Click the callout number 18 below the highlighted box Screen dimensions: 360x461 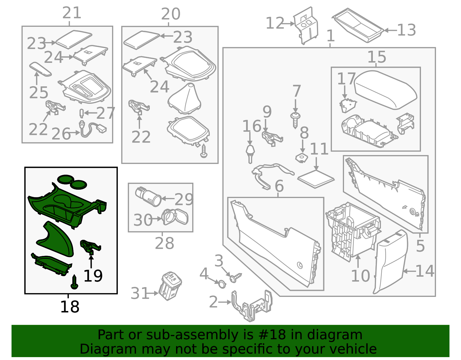pyautogui.click(x=69, y=307)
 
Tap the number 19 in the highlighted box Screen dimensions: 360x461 pyautogui.click(x=93, y=276)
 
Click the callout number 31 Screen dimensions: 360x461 pyautogui.click(x=139, y=293)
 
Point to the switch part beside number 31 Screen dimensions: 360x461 pyautogui.click(x=170, y=286)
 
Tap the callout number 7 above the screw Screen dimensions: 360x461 pyautogui.click(x=296, y=91)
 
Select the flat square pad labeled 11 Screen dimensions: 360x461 pyautogui.click(x=316, y=179)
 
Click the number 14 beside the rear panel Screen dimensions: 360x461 pyautogui.click(x=424, y=271)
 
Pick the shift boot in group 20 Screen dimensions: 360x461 pyautogui.click(x=184, y=99)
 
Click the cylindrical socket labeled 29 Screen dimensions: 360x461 pyautogui.click(x=148, y=197)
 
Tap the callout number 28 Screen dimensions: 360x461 pyautogui.click(x=164, y=244)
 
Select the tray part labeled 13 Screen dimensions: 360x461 pyautogui.click(x=358, y=25)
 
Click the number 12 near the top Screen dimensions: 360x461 pyautogui.click(x=275, y=23)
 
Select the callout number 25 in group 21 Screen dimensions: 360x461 pyautogui.click(x=39, y=93)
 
